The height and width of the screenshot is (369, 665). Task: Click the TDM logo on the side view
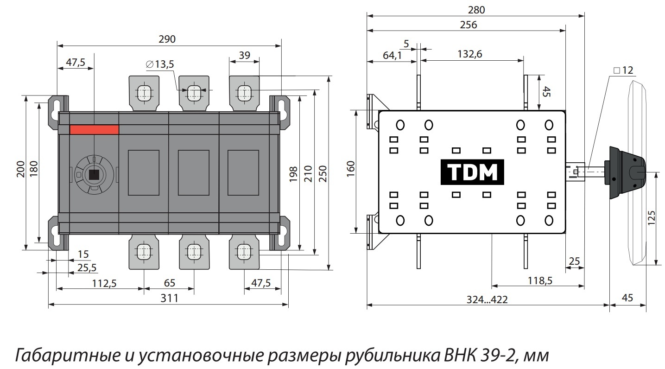click(x=472, y=172)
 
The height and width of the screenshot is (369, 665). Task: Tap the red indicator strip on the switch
click(x=95, y=130)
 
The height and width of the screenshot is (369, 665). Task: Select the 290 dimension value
click(x=167, y=39)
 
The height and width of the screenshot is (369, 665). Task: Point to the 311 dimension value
click(x=170, y=298)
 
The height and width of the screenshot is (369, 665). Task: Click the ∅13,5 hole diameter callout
click(x=160, y=64)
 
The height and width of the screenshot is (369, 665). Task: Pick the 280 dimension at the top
click(x=476, y=10)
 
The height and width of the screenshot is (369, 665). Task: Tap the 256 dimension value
click(x=469, y=25)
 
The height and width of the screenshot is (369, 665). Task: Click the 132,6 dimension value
click(x=469, y=54)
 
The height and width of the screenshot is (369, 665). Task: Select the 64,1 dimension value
click(x=392, y=55)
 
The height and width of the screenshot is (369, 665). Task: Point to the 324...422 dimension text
click(x=487, y=299)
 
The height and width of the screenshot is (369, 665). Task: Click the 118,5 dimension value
click(x=540, y=280)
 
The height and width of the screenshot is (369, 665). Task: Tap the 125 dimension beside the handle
click(x=651, y=218)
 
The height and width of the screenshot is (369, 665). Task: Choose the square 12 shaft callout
click(x=623, y=70)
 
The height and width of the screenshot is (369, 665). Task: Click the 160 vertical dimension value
click(x=351, y=169)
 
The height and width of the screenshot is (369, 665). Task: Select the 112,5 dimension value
click(x=104, y=284)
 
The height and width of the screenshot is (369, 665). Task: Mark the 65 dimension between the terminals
click(x=170, y=283)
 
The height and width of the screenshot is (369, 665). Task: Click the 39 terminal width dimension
click(x=245, y=55)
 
